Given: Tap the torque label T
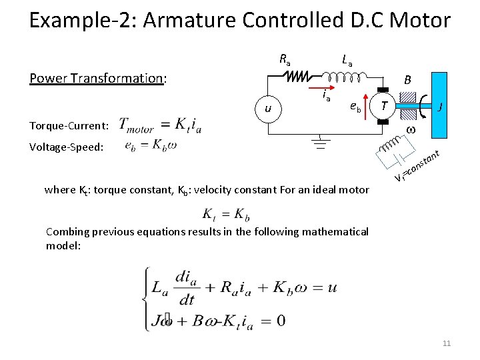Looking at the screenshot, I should [385, 104].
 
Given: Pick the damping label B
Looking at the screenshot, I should [408, 81].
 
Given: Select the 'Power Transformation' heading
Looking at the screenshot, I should [97, 79].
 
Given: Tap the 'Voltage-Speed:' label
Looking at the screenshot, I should [67, 147].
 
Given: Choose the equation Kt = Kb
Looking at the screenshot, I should [227, 215].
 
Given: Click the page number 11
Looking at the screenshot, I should [447, 343].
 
